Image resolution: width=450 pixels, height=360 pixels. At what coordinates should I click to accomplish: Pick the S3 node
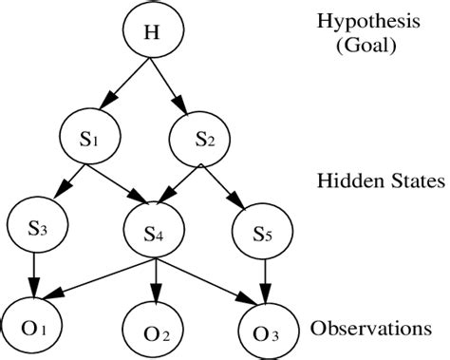click(35, 228)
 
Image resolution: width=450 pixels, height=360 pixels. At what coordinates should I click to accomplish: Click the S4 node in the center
click(152, 231)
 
